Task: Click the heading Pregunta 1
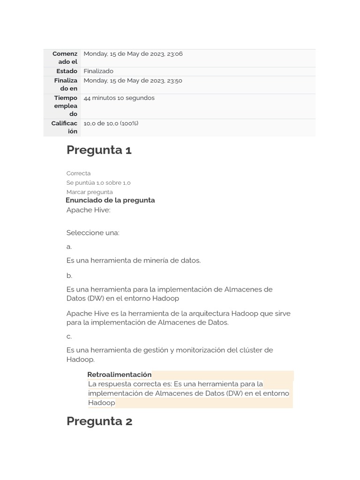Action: (99, 150)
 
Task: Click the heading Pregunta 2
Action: (99, 421)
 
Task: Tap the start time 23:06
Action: (174, 54)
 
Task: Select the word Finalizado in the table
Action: (98, 71)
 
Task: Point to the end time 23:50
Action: (174, 81)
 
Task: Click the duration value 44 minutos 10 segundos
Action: (119, 98)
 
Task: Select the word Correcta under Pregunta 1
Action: (78, 173)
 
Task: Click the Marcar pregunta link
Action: (89, 192)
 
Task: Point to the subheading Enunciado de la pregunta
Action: (110, 200)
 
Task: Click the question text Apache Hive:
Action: (88, 210)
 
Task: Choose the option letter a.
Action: (69, 247)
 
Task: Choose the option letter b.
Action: (69, 276)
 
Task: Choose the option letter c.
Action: (69, 337)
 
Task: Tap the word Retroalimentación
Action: (120, 375)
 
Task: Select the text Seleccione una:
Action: (93, 233)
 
